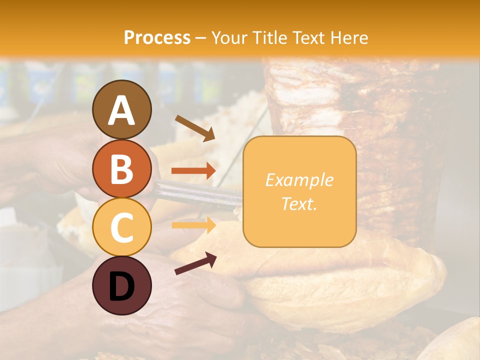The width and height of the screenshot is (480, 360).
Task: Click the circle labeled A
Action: click(121, 109)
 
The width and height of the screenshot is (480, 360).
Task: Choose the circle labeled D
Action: click(121, 285)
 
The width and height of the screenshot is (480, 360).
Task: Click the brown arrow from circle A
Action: click(194, 128)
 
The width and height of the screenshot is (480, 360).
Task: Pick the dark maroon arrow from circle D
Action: click(195, 263)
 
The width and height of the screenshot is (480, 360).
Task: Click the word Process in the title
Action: click(157, 37)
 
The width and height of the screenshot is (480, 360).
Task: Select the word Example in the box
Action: click(299, 180)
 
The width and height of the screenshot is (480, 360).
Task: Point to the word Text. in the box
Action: click(299, 203)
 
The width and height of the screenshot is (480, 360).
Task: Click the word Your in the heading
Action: click(228, 37)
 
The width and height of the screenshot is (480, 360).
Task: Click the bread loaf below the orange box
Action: click(345, 290)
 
